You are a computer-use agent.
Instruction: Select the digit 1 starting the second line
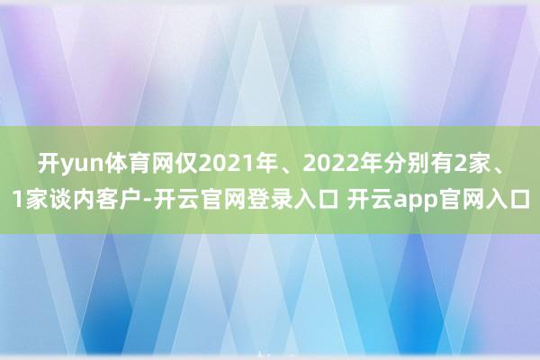click(x=18, y=200)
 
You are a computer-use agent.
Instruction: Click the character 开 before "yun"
click(x=49, y=165)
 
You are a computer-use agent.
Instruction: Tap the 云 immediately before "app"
click(x=382, y=200)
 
